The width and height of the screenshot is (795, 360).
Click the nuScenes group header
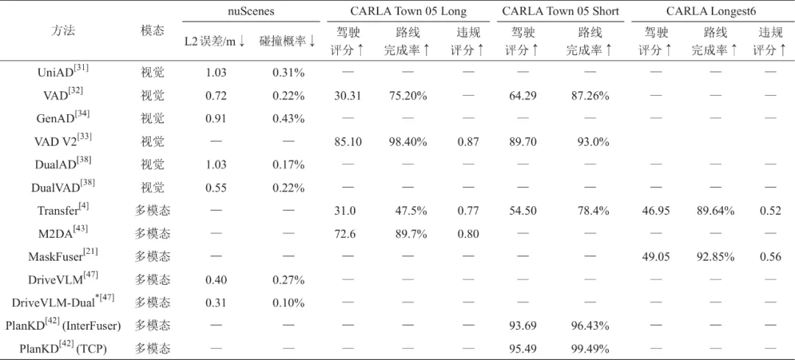point(252,11)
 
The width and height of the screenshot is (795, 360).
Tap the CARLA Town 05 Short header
point(560,11)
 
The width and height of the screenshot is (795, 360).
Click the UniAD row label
point(63,71)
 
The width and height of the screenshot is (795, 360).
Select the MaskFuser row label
point(63,256)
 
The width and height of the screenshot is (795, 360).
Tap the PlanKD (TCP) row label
point(63,348)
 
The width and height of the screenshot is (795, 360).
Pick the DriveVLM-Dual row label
point(63,302)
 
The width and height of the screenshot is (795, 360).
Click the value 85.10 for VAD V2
point(347,142)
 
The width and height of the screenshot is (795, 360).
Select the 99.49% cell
point(590,349)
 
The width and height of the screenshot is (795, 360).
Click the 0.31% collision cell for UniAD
point(289,72)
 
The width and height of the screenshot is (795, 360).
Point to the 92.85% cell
point(716,257)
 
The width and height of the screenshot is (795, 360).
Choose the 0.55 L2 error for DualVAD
point(216,188)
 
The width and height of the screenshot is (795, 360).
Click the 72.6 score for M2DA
point(344,234)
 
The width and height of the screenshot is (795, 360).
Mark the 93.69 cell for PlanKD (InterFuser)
point(523,326)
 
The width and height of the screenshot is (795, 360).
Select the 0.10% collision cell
point(289,303)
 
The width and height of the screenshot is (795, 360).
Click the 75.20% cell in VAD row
point(407,96)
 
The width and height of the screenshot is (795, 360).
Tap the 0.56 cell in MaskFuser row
point(771,257)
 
